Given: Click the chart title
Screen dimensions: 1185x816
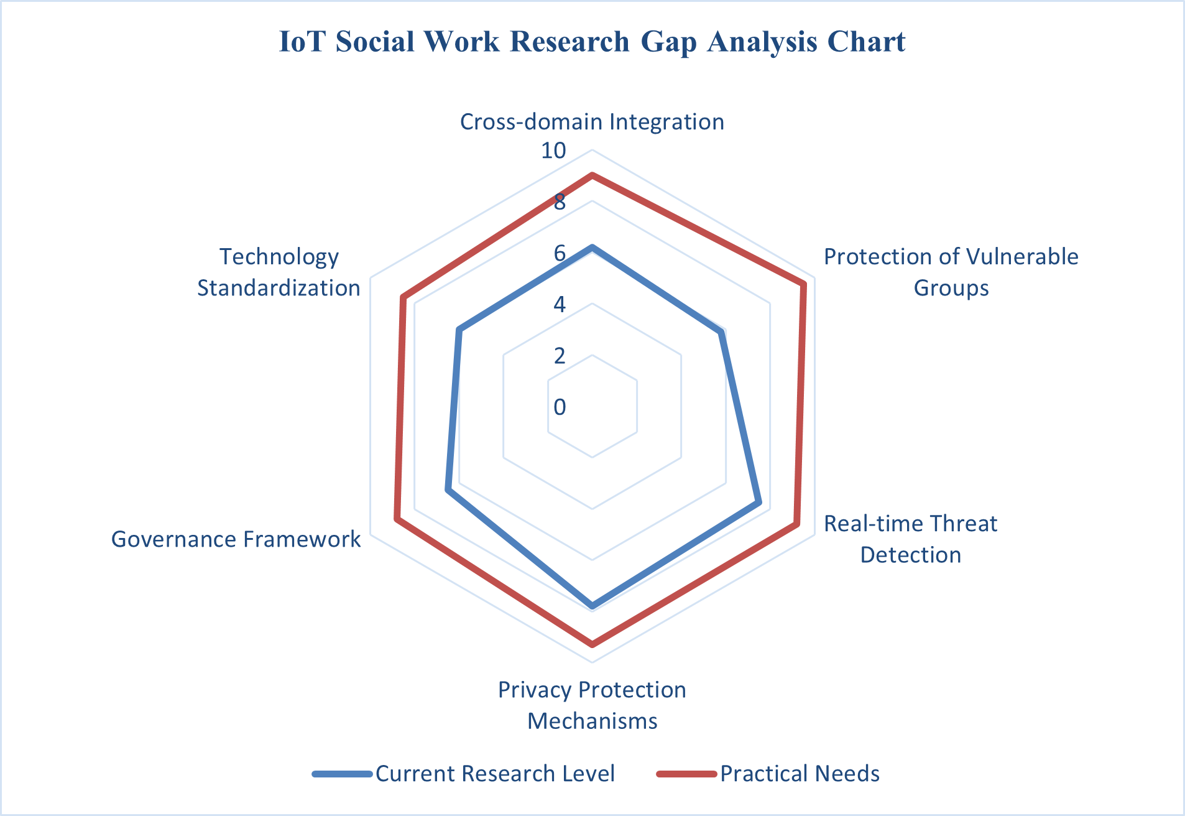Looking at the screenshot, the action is (592, 42).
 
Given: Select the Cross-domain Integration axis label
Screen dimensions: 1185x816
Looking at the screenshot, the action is (592, 121).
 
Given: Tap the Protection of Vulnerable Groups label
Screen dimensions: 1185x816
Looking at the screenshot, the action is (951, 272).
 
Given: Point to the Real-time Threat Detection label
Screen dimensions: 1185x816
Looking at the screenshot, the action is (910, 539).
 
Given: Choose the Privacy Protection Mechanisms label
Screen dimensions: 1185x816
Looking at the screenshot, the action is (592, 705).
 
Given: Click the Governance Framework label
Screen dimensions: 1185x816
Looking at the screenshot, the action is (236, 539).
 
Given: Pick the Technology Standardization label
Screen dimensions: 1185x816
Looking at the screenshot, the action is (279, 272).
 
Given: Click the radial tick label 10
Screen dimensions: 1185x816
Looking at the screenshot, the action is (553, 151).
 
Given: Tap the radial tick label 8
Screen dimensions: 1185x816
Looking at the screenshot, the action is (560, 202).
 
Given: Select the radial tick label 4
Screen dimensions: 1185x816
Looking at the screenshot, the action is (560, 305).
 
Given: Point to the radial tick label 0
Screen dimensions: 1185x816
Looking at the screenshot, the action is (560, 407).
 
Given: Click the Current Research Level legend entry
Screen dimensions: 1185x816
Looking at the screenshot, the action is (464, 773).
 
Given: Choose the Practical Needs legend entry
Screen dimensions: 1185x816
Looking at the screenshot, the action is (768, 773).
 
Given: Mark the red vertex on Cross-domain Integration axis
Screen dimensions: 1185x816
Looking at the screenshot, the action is (592, 176).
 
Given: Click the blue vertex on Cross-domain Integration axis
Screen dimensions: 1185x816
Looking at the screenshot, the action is (592, 248).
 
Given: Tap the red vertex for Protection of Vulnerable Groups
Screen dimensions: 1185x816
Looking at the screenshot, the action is (803, 285).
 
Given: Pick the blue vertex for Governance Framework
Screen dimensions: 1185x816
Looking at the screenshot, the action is (448, 491).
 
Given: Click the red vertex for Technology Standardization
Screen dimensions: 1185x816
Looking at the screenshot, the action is (403, 297).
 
